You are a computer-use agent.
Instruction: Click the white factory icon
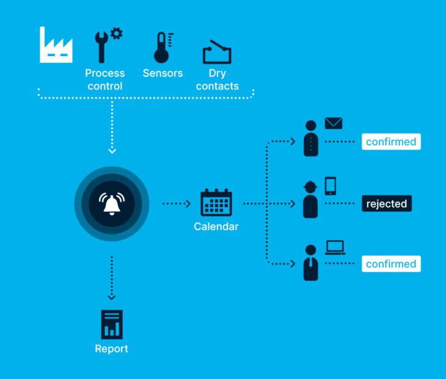point(56,45)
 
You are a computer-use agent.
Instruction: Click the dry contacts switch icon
point(217,52)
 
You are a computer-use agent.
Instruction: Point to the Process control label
point(105,80)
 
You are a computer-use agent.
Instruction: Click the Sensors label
point(163,73)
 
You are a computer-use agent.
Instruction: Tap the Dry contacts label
point(218,80)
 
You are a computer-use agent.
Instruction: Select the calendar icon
point(216,203)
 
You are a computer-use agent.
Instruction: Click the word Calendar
point(216,227)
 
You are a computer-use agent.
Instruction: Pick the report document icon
point(112,324)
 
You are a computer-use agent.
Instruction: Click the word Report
point(112,349)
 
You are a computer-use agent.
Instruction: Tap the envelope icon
point(334,123)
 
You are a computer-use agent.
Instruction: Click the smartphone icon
point(331,186)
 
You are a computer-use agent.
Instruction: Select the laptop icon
point(335,247)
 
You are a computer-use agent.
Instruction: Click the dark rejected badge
point(386,203)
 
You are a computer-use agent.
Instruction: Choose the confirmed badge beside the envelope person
point(391,142)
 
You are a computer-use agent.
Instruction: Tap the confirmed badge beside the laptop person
point(391,264)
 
